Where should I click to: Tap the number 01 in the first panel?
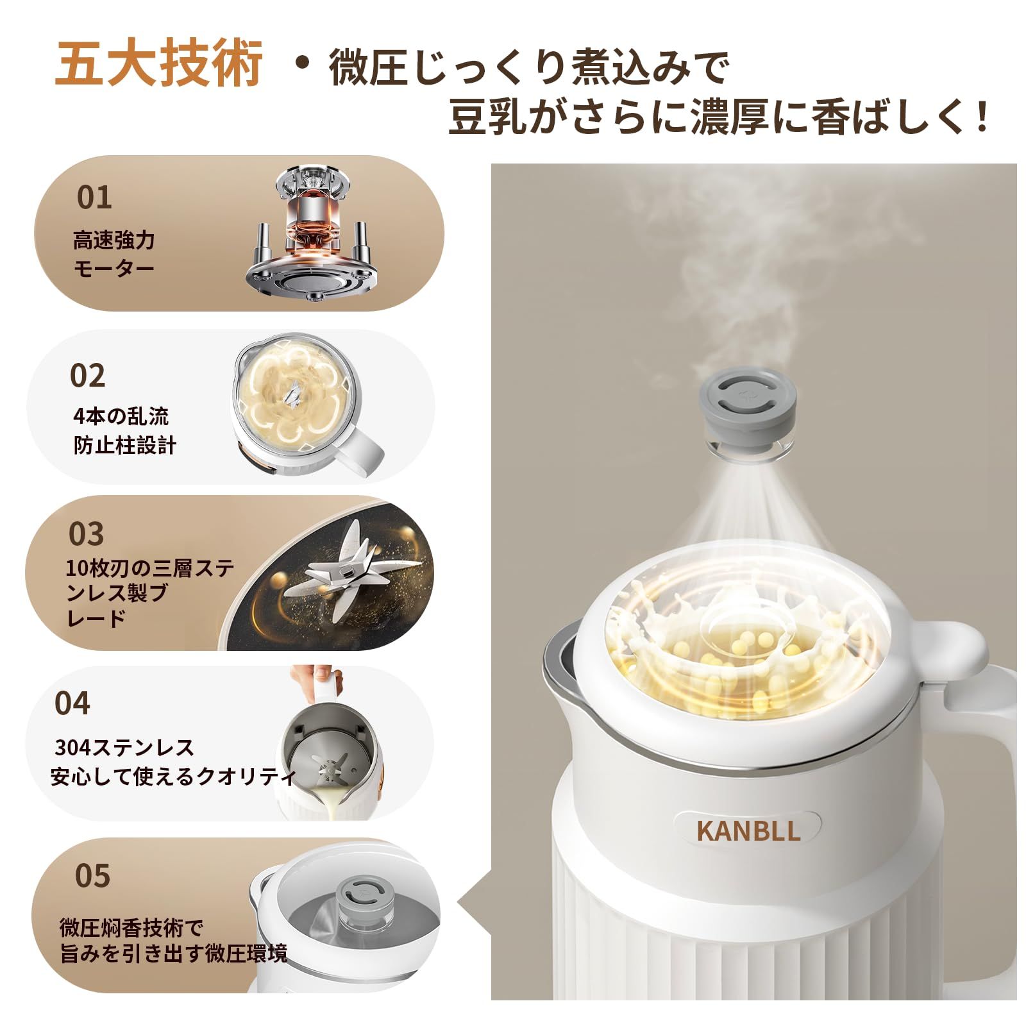click(x=94, y=198)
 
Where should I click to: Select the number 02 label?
click(x=87, y=376)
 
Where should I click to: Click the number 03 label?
click(x=86, y=534)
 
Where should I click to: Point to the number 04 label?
click(x=72, y=703)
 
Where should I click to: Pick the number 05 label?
click(x=92, y=876)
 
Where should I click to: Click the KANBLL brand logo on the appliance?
click(x=748, y=830)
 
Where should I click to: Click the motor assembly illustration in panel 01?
click(x=310, y=235)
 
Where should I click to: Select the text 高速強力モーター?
click(x=114, y=254)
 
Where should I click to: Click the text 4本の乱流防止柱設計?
click(x=124, y=430)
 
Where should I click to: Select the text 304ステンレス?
click(x=124, y=748)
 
